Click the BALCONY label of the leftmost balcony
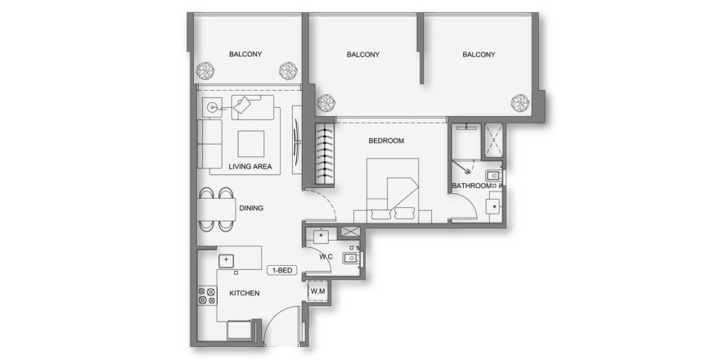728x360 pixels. click(245, 55)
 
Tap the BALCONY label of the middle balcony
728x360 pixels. click(363, 55)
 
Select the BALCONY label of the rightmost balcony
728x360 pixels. click(479, 55)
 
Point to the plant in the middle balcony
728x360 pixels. click(326, 102)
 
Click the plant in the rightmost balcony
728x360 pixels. click(519, 101)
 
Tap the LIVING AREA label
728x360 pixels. click(249, 167)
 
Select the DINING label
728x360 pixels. click(251, 208)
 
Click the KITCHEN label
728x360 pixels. click(245, 293)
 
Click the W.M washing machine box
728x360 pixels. click(318, 291)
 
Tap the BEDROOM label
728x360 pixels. click(386, 141)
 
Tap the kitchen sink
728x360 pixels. click(227, 259)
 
